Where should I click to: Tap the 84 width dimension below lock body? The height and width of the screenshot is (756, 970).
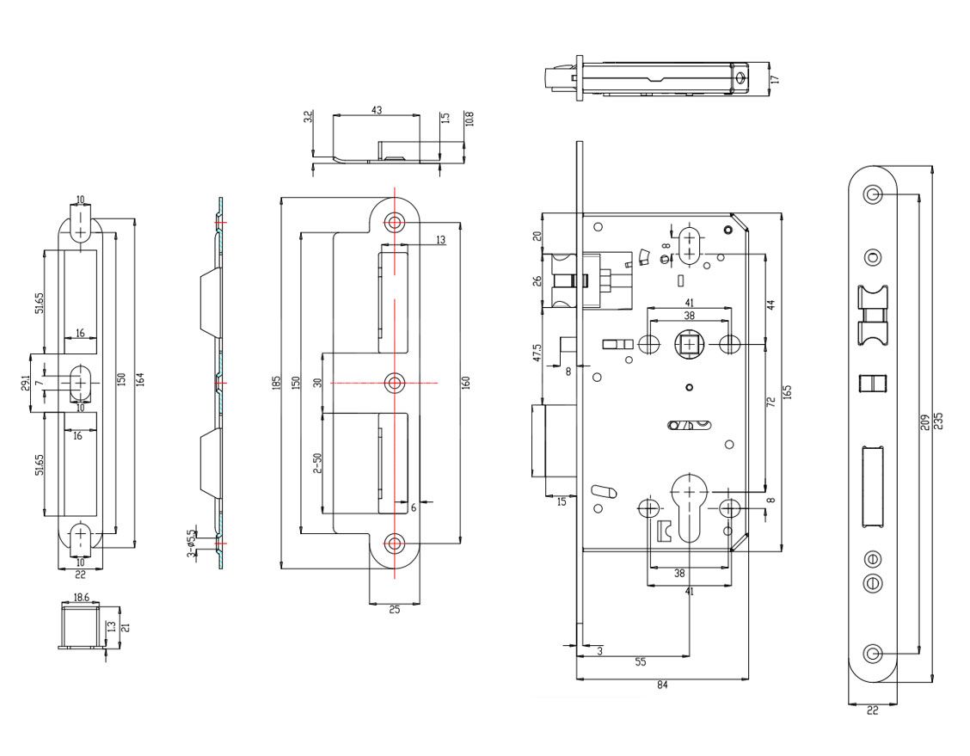tap(661, 685)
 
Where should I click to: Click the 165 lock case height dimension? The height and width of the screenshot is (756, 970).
tap(787, 392)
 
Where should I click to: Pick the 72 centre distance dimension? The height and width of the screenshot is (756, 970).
tap(770, 403)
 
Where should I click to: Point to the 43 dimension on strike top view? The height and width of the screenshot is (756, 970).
tap(377, 110)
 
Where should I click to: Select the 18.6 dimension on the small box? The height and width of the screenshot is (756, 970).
tap(82, 596)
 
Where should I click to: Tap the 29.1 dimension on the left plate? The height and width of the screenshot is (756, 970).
tap(24, 379)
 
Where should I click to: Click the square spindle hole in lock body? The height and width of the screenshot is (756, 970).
tap(690, 345)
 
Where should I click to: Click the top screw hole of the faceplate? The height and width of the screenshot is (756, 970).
tap(873, 194)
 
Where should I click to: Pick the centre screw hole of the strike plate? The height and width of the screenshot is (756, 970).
tap(395, 382)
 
